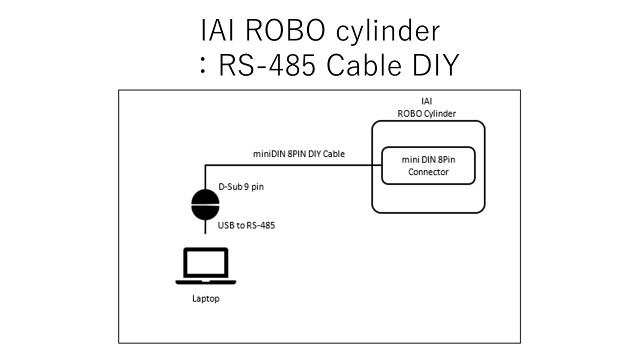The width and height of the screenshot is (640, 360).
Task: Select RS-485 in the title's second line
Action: coord(266,66)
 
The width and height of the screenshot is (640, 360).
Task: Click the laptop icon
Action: coord(205,266)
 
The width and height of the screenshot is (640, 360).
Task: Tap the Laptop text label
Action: coord(205,299)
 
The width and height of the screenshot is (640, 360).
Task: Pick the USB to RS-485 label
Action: coord(246,225)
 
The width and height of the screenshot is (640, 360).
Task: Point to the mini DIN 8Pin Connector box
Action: coord(428,165)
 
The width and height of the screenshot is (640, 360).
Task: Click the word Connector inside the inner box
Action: coord(428,172)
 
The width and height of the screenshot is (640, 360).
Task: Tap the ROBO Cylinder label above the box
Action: coord(426,113)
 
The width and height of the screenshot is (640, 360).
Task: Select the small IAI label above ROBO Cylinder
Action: coord(426,102)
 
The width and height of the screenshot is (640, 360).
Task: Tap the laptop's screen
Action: coord(205,263)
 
